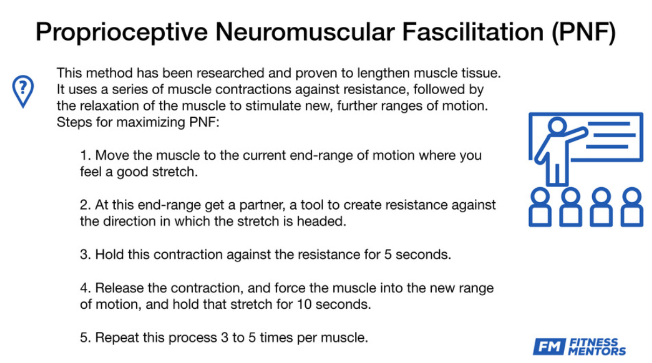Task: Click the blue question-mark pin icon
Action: [x=23, y=90]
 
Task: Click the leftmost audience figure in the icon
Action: [x=541, y=207]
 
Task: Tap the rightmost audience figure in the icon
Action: [x=632, y=207]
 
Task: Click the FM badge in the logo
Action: [x=549, y=347]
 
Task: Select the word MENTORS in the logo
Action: [x=597, y=351]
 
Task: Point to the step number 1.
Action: [x=84, y=156]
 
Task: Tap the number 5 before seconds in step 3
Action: [x=388, y=254]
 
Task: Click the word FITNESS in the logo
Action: [x=593, y=343]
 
